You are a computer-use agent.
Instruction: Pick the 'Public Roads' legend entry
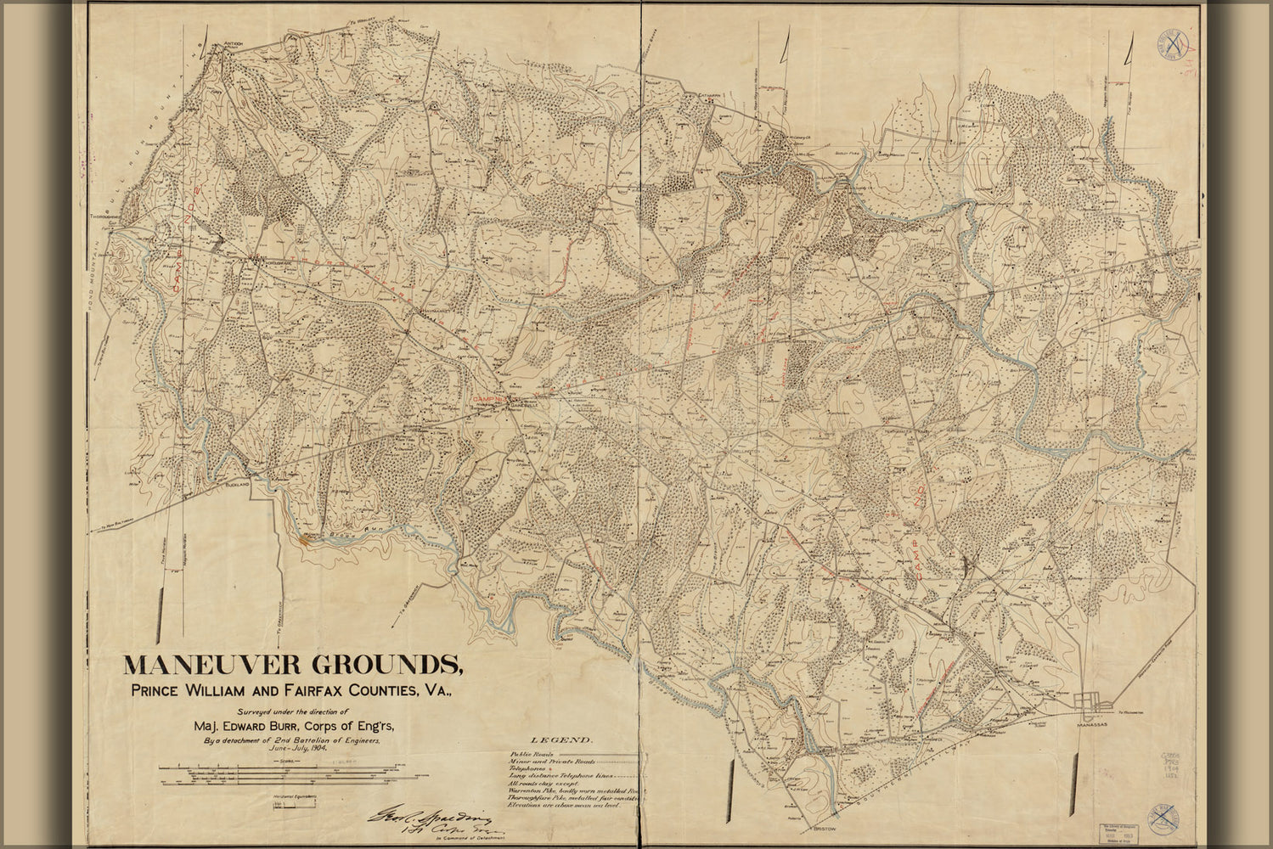point(532,754)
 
